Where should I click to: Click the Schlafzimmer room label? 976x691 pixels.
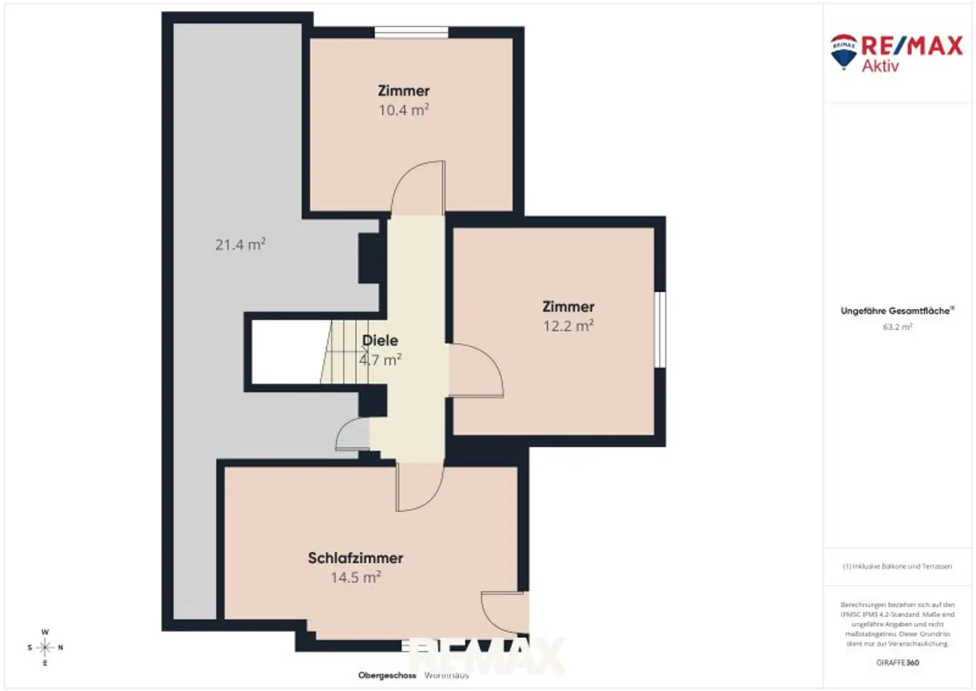point(355,558)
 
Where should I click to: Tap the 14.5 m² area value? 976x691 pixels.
point(355,577)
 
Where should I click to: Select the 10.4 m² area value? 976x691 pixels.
point(403,110)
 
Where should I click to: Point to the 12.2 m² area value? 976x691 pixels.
point(568,326)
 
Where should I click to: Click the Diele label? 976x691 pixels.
point(380,341)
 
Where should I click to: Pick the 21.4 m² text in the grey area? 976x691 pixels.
point(240,245)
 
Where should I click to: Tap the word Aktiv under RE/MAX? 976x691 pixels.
point(880,66)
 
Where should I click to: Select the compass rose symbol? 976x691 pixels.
point(45,648)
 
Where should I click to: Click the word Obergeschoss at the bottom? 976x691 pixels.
point(387,675)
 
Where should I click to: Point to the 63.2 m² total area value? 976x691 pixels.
point(897,327)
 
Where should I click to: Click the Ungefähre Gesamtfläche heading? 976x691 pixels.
point(896,311)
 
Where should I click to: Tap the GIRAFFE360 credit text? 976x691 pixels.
point(897,662)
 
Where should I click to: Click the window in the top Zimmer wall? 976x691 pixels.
point(411,32)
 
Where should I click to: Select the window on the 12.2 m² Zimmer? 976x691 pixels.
point(660,329)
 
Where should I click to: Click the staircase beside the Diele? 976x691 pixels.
point(344,352)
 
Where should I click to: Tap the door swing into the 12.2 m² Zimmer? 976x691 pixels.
point(475,371)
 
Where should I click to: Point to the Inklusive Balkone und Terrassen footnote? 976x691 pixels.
point(897,566)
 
